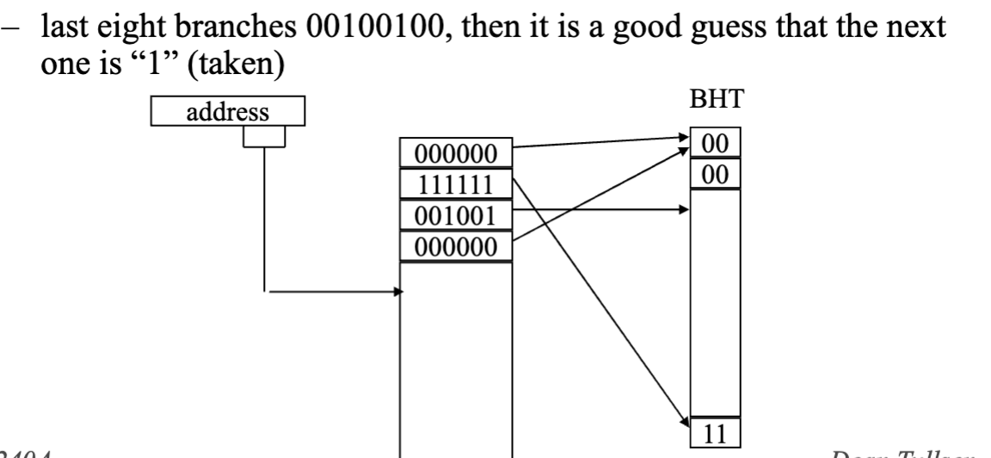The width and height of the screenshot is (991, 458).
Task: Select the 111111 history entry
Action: pos(456,185)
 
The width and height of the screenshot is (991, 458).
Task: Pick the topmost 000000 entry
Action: pos(456,155)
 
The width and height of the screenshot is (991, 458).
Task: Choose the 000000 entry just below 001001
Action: pos(456,247)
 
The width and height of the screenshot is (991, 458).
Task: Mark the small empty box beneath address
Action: pos(263,138)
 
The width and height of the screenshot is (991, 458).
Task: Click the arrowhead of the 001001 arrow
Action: pos(685,208)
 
